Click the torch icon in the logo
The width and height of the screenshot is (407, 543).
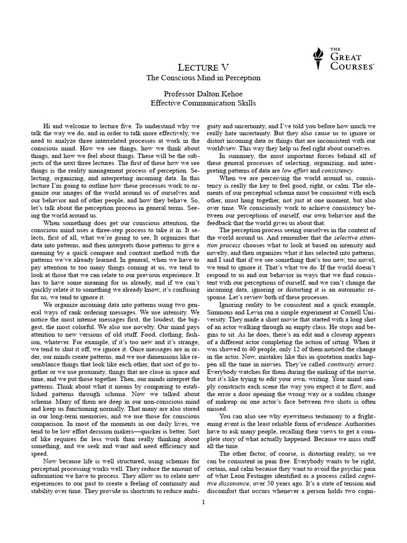click(x=318, y=59)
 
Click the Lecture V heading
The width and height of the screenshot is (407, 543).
click(x=203, y=67)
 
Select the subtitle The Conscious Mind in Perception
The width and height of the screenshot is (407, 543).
click(x=203, y=78)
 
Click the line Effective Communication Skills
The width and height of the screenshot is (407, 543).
click(x=203, y=103)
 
